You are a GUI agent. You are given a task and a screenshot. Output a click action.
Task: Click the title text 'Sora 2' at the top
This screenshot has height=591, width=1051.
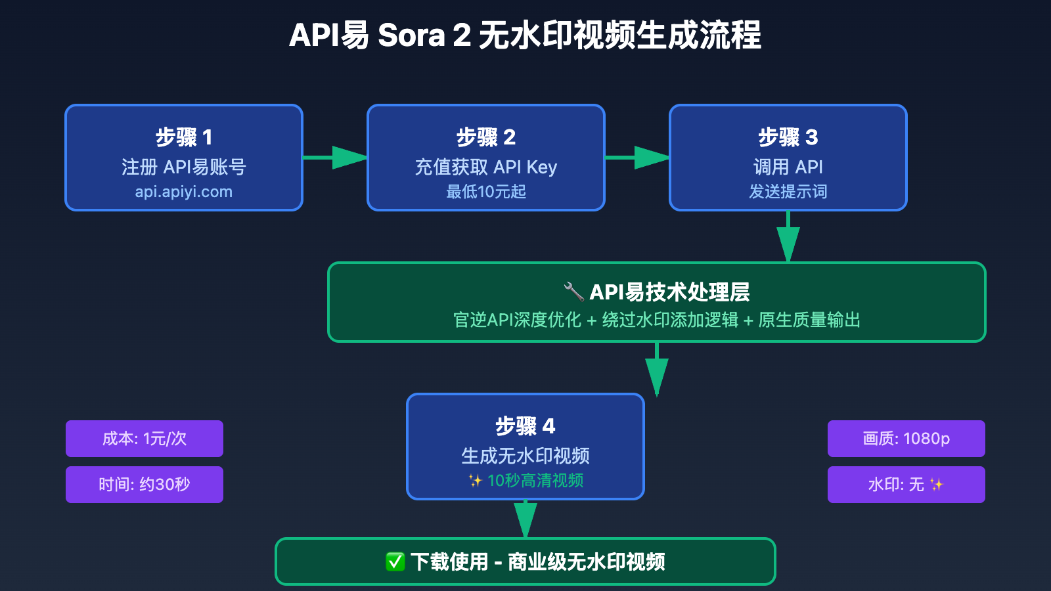(424, 35)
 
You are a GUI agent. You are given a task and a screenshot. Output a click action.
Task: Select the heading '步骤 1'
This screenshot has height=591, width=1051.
(184, 137)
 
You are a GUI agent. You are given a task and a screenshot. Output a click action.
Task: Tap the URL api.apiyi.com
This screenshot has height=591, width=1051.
(184, 192)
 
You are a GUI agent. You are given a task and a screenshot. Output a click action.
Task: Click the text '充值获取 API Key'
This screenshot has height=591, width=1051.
(486, 167)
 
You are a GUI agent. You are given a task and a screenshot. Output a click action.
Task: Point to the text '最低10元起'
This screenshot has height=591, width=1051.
(486, 192)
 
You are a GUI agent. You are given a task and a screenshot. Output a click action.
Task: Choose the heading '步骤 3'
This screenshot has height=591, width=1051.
(788, 137)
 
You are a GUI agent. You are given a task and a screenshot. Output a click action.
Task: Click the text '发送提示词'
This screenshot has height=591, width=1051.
(788, 192)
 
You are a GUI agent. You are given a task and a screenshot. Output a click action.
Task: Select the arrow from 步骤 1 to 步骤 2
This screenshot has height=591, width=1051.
(335, 158)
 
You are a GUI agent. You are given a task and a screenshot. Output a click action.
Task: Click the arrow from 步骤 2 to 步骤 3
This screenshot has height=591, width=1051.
(637, 158)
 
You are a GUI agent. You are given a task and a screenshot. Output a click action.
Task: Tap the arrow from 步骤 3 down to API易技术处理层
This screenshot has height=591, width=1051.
(788, 238)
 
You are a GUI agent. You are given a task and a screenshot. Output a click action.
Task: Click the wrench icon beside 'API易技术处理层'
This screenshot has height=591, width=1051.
(573, 292)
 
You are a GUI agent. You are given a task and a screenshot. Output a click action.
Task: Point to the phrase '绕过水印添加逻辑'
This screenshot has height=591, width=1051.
(670, 320)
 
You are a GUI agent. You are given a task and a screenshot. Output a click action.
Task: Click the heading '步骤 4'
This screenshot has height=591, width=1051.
(525, 426)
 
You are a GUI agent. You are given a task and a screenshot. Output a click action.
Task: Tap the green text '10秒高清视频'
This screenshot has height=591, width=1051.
(535, 481)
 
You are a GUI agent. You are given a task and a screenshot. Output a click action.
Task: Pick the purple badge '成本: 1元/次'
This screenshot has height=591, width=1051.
(145, 439)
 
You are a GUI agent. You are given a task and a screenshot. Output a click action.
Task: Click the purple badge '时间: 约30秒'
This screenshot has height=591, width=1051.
(145, 485)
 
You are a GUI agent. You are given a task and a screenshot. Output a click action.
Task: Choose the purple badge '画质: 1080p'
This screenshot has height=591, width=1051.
(906, 439)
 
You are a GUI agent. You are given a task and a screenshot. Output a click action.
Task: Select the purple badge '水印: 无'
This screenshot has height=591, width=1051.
(906, 485)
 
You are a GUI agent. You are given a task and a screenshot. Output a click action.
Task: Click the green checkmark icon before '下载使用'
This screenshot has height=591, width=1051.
(395, 562)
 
